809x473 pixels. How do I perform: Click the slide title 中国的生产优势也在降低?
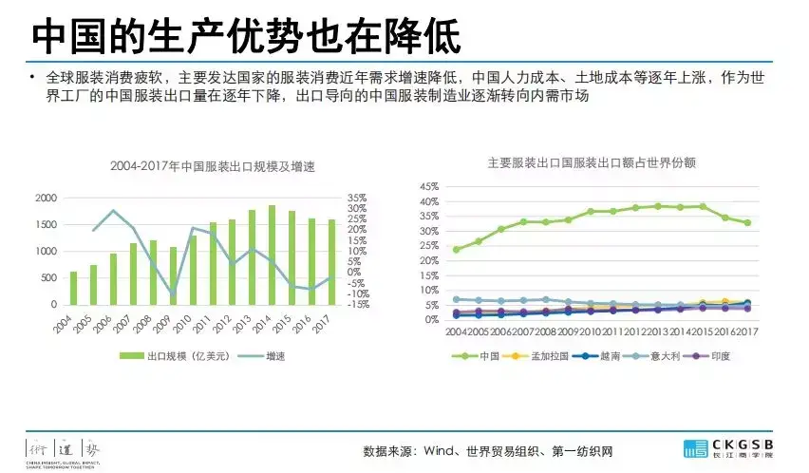click(246, 36)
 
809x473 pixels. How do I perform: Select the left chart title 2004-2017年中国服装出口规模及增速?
click(212, 167)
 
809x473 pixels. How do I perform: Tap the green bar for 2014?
click(272, 255)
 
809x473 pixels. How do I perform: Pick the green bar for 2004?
click(73, 288)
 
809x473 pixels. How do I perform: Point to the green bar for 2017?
click(330, 262)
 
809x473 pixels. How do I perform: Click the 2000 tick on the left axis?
click(46, 198)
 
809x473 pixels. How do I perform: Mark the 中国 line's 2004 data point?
click(457, 250)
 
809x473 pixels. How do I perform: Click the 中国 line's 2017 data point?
click(746, 223)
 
